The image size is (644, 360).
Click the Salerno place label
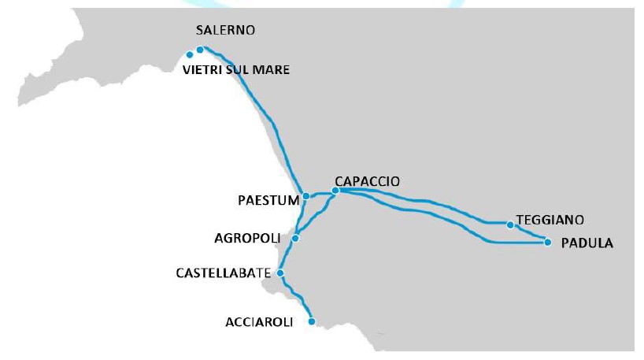(x=226, y=30)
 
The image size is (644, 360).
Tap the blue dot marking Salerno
(x=200, y=50)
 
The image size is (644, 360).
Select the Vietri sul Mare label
(x=235, y=70)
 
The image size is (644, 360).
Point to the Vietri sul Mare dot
(x=190, y=55)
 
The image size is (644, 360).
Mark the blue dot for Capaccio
(x=335, y=191)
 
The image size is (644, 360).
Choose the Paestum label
(x=268, y=200)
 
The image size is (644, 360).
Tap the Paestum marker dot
(x=306, y=196)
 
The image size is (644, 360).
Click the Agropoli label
(x=250, y=237)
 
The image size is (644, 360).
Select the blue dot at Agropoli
(x=295, y=238)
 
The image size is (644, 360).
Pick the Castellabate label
(x=223, y=273)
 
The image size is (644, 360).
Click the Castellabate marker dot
(x=280, y=273)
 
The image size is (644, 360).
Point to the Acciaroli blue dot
(x=312, y=321)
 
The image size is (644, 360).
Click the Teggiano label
(x=551, y=220)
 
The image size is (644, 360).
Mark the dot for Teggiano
(x=510, y=225)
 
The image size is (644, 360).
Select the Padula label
(x=587, y=243)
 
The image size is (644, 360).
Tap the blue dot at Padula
(x=548, y=243)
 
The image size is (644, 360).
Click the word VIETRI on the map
(x=202, y=70)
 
